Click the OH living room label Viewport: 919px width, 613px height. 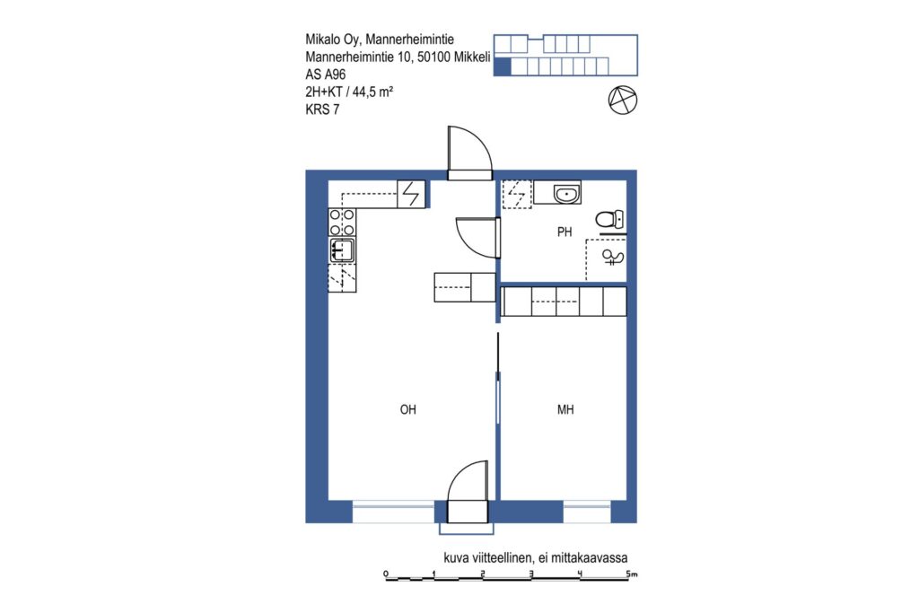point(408,409)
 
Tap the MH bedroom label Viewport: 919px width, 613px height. point(565,409)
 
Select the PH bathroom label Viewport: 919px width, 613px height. point(565,232)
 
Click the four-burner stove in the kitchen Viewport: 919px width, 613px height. point(342,223)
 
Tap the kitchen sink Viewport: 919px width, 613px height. point(342,250)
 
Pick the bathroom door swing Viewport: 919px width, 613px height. point(478,237)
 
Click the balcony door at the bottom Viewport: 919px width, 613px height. point(468,492)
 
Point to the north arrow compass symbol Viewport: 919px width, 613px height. point(623,101)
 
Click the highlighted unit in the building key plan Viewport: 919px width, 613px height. point(503,66)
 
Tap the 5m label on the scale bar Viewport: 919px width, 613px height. point(631,574)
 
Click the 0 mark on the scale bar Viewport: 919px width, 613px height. point(386,574)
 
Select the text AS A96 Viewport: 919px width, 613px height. point(325,74)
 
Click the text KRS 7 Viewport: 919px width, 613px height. point(322,109)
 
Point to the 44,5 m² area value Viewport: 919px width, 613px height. point(372,92)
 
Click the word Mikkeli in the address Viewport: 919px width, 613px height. point(472,57)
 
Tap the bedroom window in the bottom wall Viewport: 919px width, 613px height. point(587,512)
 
